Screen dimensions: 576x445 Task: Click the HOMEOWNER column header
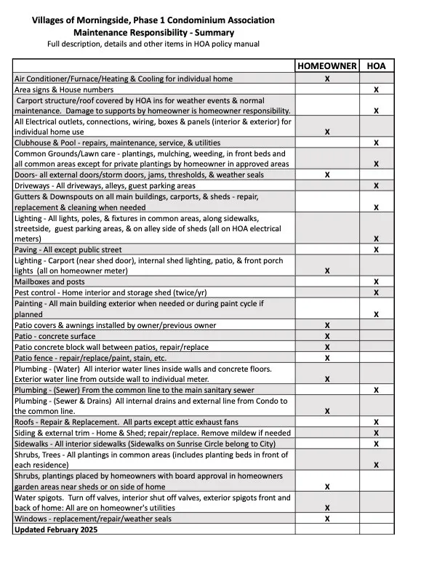tap(326, 66)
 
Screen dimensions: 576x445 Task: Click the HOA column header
tap(376, 66)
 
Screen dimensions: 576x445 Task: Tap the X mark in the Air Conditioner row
tap(327, 78)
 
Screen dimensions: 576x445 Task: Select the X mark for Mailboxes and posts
tap(376, 281)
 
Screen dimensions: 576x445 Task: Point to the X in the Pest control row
tap(376, 292)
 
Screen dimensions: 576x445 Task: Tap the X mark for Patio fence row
tap(327, 358)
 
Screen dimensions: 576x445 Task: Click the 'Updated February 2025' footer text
tap(56, 529)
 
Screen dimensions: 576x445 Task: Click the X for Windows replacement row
tap(327, 519)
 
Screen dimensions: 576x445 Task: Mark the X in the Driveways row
tap(376, 186)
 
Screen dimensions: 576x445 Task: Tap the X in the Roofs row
tap(376, 422)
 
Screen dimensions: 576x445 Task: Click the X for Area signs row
tap(376, 89)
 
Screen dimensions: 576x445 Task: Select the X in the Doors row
tap(327, 175)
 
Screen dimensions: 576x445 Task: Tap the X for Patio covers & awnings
tap(327, 325)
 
